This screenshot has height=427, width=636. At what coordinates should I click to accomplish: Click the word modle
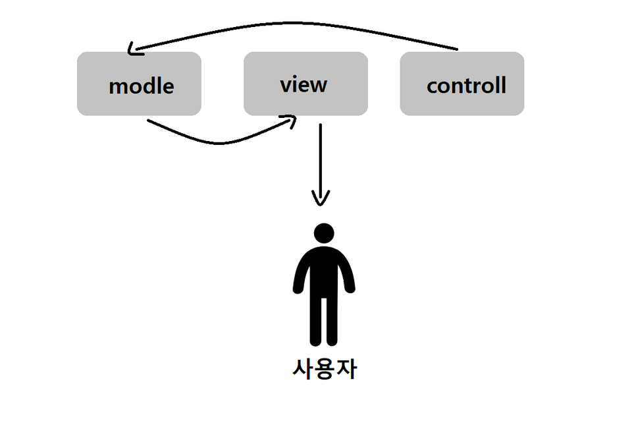[141, 86]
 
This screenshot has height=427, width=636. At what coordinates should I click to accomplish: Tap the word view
[304, 84]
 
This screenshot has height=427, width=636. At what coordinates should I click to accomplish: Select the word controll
[466, 85]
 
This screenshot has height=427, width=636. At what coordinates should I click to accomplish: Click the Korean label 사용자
[324, 369]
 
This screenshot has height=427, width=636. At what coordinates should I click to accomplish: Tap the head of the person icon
[324, 233]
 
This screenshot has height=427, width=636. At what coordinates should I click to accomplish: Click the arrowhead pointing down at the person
[321, 198]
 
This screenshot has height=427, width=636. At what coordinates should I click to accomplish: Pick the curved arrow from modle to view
[217, 141]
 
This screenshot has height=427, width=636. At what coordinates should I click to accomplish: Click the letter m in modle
[117, 86]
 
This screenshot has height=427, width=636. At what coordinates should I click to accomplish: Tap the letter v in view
[285, 85]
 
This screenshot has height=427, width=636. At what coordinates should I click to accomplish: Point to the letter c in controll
[432, 86]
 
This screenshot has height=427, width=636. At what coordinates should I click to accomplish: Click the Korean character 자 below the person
[346, 369]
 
